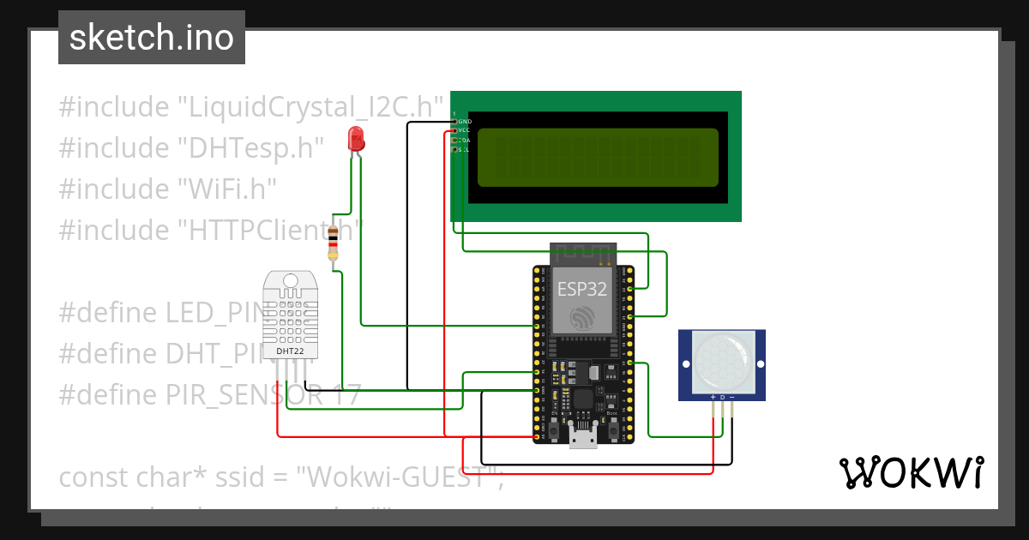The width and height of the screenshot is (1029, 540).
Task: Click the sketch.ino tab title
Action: click(151, 38)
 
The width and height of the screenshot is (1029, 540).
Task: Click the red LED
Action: click(356, 139)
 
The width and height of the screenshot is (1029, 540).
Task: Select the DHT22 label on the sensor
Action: click(288, 351)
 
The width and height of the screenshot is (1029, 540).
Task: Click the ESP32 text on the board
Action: click(582, 288)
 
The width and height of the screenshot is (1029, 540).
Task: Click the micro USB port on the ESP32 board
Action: click(583, 438)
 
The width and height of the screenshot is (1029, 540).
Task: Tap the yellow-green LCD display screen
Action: click(598, 158)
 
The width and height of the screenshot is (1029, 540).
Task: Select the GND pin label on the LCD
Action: click(465, 122)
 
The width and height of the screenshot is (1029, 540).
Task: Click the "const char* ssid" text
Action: click(151, 477)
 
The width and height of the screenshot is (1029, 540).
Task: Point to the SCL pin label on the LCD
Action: click(464, 150)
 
